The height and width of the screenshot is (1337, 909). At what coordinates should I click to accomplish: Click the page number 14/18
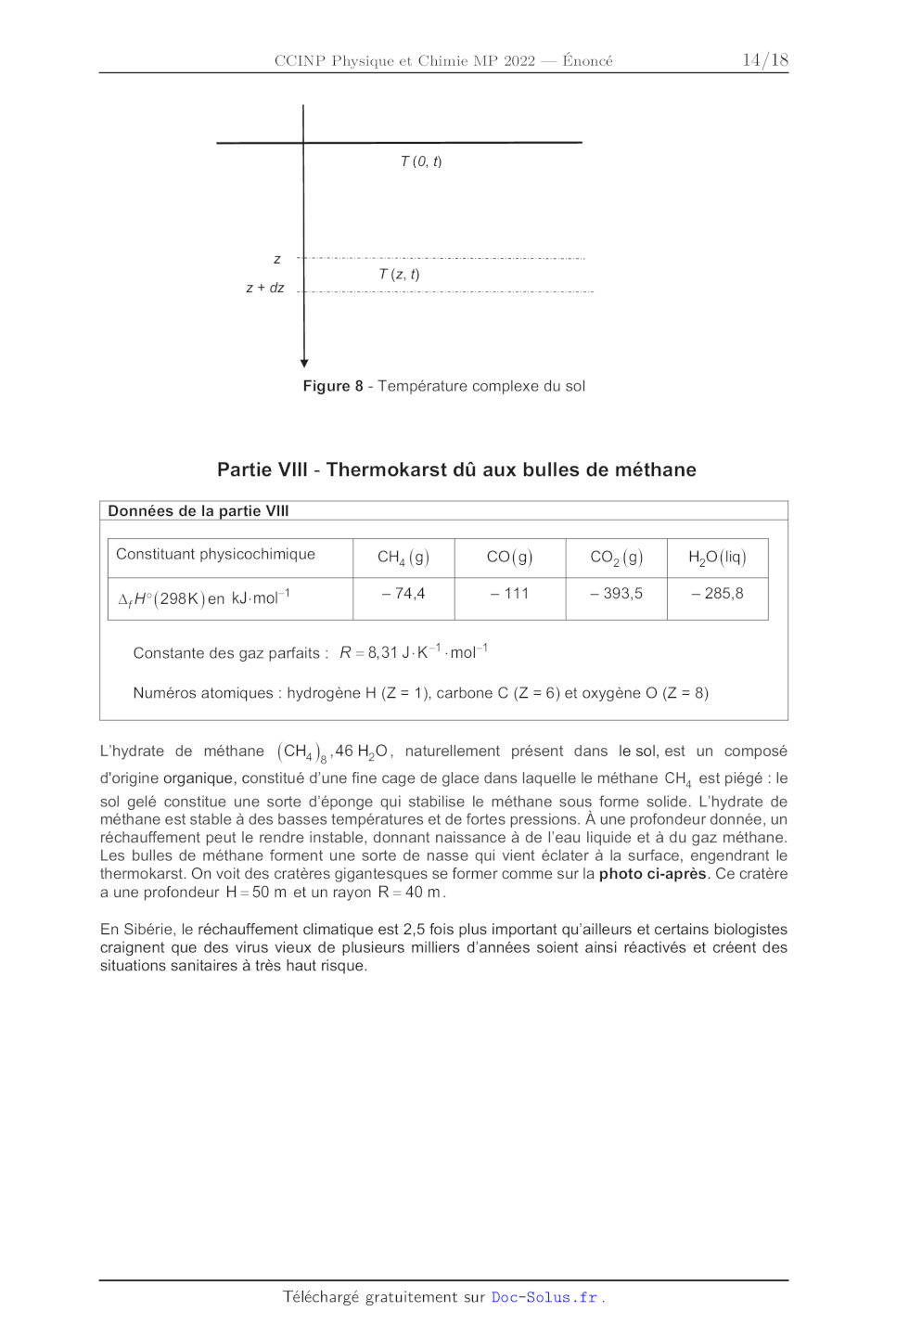764,60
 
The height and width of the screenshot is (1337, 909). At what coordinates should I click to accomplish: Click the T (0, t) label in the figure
421,161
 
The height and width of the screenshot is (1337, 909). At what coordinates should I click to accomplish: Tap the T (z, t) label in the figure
399,275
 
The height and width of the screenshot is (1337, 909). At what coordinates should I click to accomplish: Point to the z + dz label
265,289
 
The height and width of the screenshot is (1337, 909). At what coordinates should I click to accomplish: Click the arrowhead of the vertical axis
304,363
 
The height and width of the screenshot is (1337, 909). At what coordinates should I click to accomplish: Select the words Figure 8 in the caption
333,386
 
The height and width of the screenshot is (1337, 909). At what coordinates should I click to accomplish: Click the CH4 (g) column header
403,557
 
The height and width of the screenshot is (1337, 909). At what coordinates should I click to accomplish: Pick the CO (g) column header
509,557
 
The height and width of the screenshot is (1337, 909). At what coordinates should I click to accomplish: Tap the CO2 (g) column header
616,557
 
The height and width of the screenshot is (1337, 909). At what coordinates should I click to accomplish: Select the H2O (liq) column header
717,557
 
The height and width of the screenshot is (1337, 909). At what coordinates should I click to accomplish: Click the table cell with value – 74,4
403,594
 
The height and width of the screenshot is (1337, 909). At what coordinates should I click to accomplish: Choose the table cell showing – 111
509,594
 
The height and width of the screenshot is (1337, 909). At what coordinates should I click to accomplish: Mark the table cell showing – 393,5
616,594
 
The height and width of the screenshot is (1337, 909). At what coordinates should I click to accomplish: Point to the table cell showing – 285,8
717,594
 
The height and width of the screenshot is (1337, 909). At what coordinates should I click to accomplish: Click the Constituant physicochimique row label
215,554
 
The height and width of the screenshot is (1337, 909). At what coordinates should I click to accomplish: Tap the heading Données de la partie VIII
198,511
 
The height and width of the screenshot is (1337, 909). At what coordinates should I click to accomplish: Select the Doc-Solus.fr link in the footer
544,1297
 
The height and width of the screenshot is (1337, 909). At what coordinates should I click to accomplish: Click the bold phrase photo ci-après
652,874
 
